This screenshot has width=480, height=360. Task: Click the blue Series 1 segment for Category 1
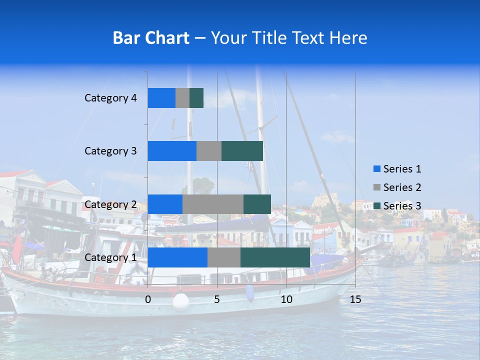click(177, 257)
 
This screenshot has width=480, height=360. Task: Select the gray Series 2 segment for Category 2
click(213, 204)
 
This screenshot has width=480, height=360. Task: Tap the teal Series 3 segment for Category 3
click(242, 151)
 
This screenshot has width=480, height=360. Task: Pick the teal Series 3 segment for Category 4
click(196, 98)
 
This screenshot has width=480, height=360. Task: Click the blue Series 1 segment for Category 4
click(161, 98)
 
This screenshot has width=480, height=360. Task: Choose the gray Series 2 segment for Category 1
click(224, 257)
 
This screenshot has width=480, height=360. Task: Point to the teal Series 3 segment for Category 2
click(257, 204)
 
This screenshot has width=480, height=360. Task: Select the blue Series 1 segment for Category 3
click(172, 151)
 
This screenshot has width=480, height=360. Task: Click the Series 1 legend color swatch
click(377, 169)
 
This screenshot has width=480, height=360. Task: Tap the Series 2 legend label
click(402, 187)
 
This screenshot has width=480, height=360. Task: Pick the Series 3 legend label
click(402, 206)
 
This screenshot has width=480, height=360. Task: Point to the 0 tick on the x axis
click(148, 299)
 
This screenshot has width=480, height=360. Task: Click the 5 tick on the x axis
click(217, 299)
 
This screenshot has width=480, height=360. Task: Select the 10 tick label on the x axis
click(286, 299)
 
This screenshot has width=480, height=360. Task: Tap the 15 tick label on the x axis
click(355, 299)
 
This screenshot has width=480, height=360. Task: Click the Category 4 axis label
click(110, 98)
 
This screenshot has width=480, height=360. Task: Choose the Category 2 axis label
click(110, 204)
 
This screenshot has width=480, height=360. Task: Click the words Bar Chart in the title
click(151, 38)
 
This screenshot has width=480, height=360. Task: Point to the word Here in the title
click(348, 38)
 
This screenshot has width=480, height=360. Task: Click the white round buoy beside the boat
click(180, 301)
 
